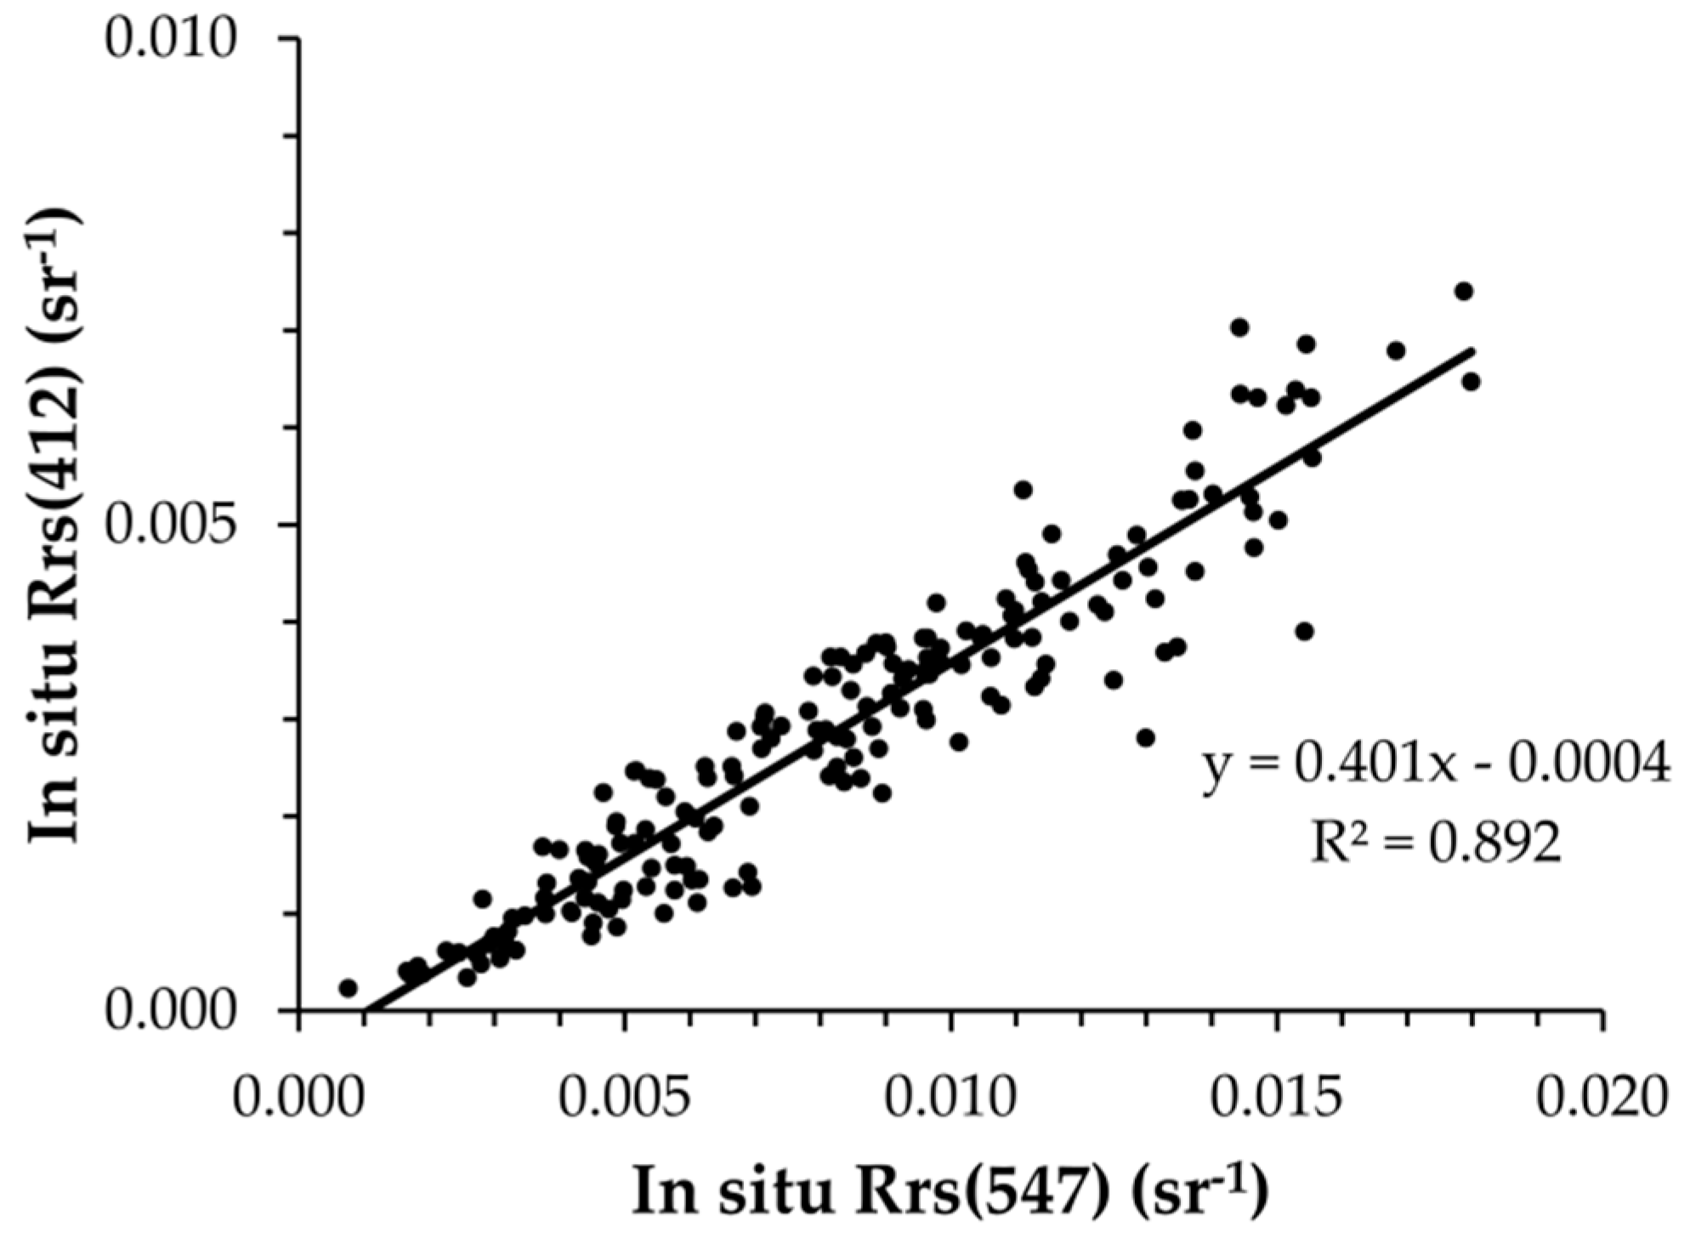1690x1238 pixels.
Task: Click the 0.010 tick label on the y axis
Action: coord(168,41)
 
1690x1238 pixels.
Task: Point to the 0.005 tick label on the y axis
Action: coord(168,525)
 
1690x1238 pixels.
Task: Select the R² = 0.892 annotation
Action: coord(1435,843)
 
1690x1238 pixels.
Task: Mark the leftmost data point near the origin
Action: coord(347,988)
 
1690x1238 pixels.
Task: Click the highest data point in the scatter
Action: coord(1464,292)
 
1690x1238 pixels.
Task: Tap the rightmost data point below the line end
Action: coord(1472,382)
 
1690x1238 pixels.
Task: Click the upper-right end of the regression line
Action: coord(1472,349)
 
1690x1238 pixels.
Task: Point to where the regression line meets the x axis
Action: coord(367,1011)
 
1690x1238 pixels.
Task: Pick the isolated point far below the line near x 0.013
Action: coord(1146,737)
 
